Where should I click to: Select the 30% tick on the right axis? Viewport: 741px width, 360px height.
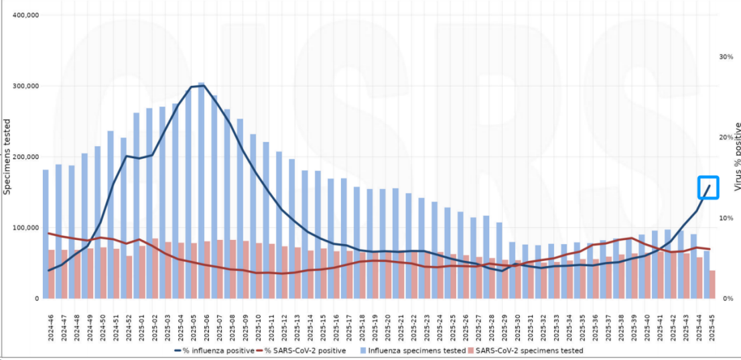pyautogui.click(x=726, y=57)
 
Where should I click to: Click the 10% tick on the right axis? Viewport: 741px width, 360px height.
pyautogui.click(x=726, y=218)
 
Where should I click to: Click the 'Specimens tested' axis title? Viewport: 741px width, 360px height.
pyautogui.click(x=7, y=156)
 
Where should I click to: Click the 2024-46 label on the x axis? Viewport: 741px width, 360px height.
pyautogui.click(x=50, y=326)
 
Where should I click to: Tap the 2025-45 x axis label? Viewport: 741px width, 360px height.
pyautogui.click(x=712, y=326)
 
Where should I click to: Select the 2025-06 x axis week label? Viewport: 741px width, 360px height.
pyautogui.click(x=205, y=326)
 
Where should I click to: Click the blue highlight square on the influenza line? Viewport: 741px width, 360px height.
pyautogui.click(x=708, y=187)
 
